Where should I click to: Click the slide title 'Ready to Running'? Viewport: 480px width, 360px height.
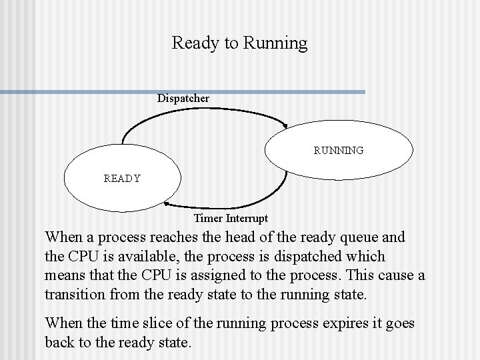239,43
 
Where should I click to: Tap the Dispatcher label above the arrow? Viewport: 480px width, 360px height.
183,99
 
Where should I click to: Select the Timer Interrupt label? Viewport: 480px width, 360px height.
231,218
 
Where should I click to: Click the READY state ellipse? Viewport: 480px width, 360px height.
122,178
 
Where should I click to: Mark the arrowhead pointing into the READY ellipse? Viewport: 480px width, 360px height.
167,205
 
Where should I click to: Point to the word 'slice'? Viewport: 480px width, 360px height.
155,323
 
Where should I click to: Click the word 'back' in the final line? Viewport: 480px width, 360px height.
61,342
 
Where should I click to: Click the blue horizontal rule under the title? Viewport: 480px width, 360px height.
183,92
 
